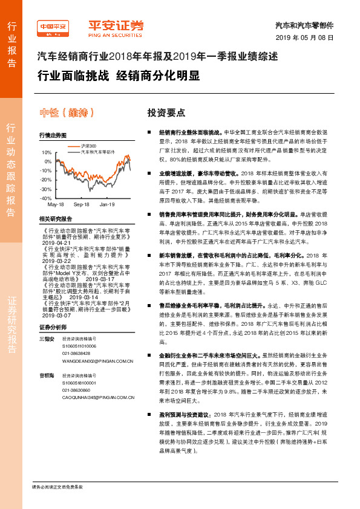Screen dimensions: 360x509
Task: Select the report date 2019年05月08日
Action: click(x=309, y=38)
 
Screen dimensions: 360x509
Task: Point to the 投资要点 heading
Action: click(x=166, y=113)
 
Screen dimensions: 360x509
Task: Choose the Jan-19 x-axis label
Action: click(x=107, y=205)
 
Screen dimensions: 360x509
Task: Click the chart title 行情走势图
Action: click(x=53, y=136)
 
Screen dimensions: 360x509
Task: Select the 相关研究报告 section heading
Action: click(x=55, y=219)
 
